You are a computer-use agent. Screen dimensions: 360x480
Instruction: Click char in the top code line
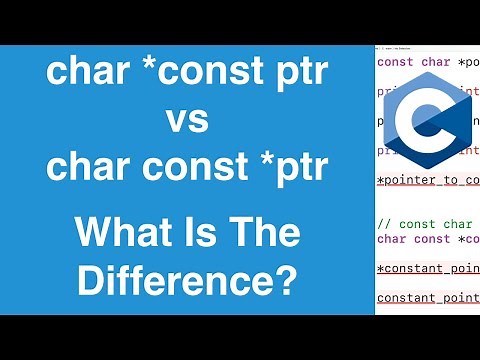pos(436,62)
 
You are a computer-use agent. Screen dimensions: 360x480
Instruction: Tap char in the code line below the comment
pos(393,239)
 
